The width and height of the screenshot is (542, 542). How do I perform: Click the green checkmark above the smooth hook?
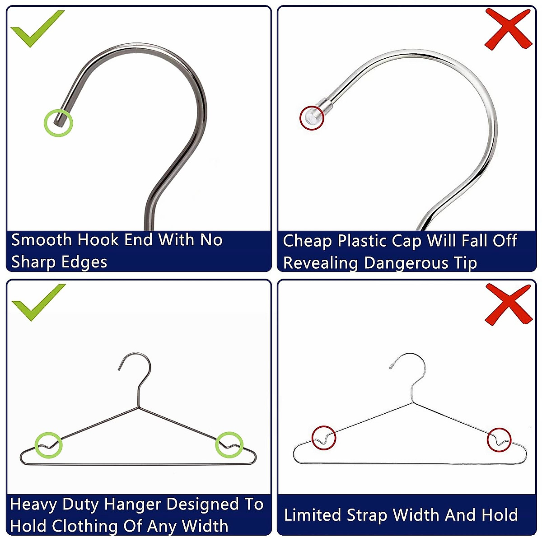[36, 28]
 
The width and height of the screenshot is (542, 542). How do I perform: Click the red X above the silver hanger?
[508, 304]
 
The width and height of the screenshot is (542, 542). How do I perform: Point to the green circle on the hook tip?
[58, 122]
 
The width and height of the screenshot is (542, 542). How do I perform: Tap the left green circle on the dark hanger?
[48, 445]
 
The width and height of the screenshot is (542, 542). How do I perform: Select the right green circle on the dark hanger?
[229, 445]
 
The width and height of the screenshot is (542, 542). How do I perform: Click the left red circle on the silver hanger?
[324, 438]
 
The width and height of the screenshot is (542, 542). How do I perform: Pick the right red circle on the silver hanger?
[499, 439]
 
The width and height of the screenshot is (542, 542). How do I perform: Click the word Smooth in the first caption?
[42, 240]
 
